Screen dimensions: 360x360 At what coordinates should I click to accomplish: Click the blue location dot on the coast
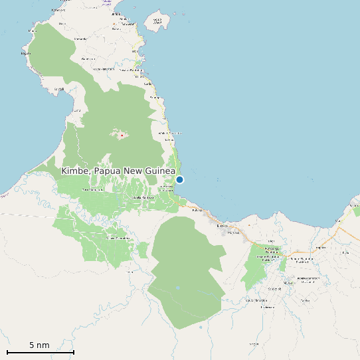pyautogui.click(x=179, y=179)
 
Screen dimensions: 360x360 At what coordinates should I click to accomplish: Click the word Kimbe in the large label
pyautogui.click(x=74, y=171)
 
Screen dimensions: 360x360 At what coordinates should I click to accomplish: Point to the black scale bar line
pyautogui.click(x=40, y=351)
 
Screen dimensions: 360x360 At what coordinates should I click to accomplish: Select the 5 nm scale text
pyautogui.click(x=39, y=345)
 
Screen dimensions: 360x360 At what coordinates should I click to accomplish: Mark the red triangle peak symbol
pyautogui.click(x=122, y=135)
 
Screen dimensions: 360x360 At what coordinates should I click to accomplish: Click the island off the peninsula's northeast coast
pyautogui.click(x=157, y=24)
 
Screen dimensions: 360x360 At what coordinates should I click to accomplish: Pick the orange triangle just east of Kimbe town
pyautogui.click(x=232, y=226)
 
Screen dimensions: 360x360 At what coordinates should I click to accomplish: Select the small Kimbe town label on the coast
pyautogui.click(x=221, y=225)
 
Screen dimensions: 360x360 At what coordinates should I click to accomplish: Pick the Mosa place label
pyautogui.click(x=232, y=232)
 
